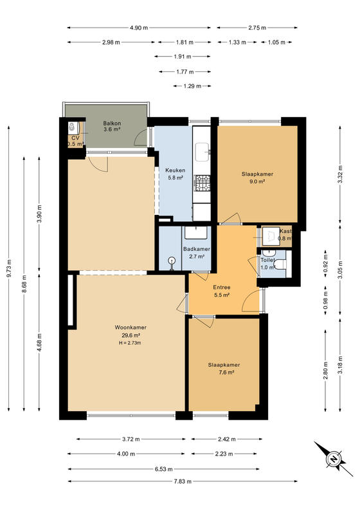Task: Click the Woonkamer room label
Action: coord(130,328)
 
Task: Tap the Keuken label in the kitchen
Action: coord(175,170)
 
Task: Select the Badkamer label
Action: coord(197,249)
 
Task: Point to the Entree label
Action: coord(222,287)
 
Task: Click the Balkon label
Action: coord(112,124)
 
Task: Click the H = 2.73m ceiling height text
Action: coord(130,343)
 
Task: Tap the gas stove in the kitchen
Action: coord(202,183)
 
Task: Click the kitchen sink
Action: coord(203,152)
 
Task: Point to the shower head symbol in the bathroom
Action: coord(172,261)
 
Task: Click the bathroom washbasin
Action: coord(196,232)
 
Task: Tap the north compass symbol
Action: coord(333,459)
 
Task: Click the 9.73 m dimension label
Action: coord(9,268)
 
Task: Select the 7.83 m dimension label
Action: coord(183,481)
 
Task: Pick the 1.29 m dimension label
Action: coord(192,86)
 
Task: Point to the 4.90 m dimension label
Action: coord(139,28)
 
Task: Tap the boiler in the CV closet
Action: coord(73,128)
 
